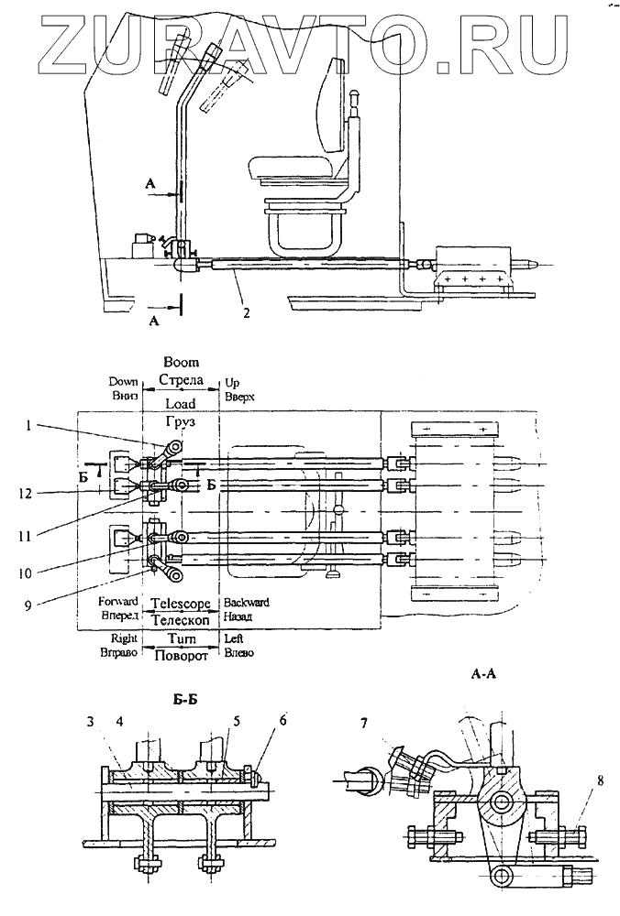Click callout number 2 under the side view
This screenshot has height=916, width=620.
tap(246, 312)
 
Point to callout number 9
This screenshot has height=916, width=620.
tap(27, 605)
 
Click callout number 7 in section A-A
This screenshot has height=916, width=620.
tap(364, 724)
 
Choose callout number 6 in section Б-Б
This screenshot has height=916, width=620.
tap(283, 720)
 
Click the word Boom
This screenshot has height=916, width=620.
tap(182, 362)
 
